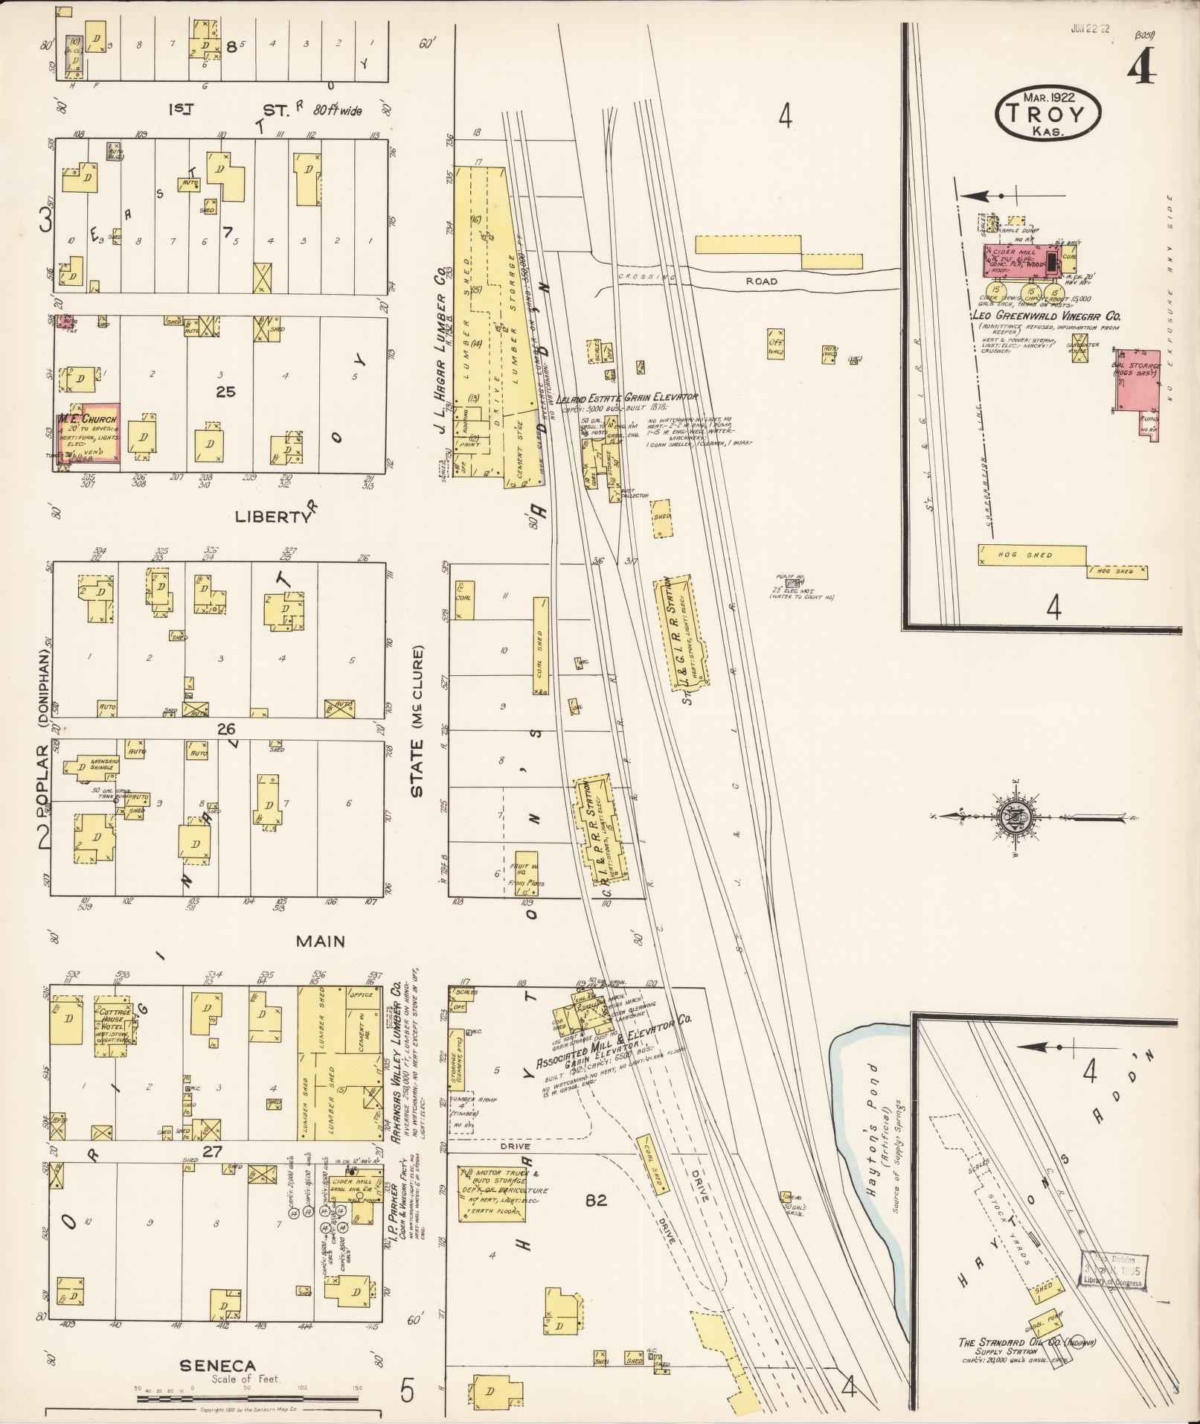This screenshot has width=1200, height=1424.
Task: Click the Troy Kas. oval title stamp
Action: click(1048, 112)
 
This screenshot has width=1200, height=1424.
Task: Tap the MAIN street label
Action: click(321, 941)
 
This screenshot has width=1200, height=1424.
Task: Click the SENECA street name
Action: click(217, 1366)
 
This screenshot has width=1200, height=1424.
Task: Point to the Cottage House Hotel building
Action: click(113, 1028)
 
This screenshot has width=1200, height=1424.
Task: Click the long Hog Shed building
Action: click(1031, 555)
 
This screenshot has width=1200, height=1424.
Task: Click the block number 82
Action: click(596, 1199)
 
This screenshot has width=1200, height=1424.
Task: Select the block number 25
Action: click(225, 392)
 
